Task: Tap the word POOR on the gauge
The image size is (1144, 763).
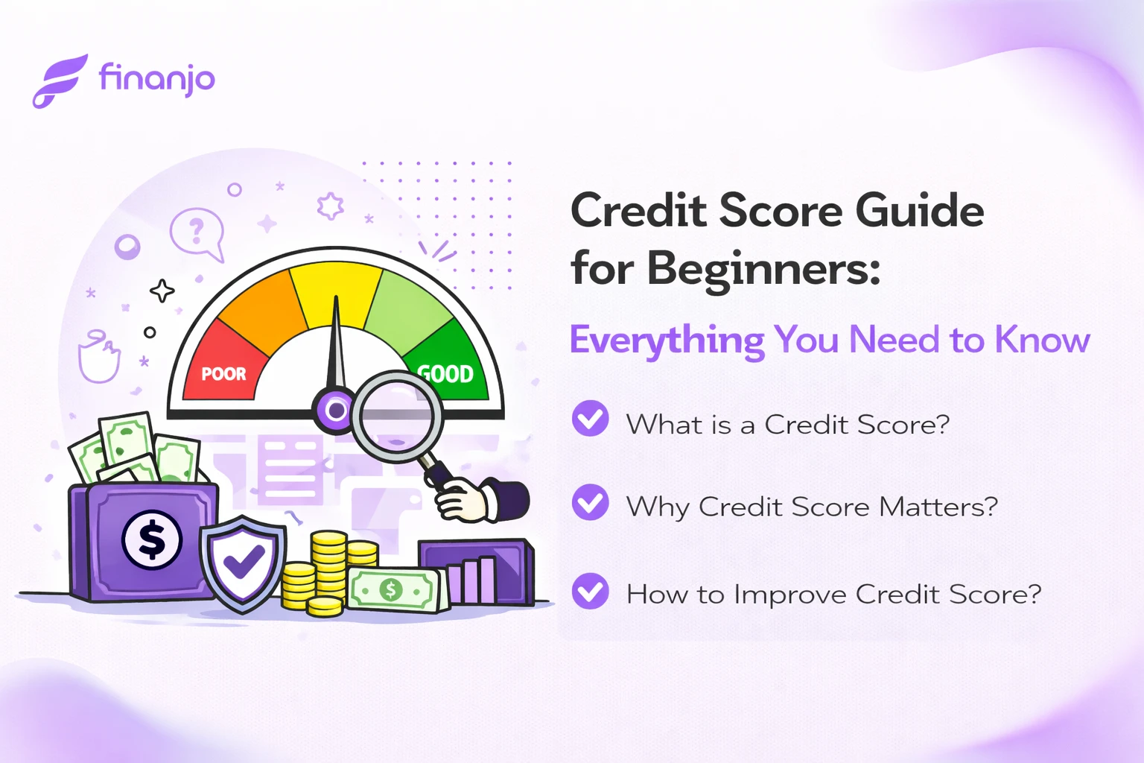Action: click(223, 373)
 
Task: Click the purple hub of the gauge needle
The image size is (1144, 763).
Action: click(335, 410)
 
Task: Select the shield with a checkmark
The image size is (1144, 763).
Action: click(243, 563)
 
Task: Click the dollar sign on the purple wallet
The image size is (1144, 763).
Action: click(152, 539)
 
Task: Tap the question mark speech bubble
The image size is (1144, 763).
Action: click(196, 232)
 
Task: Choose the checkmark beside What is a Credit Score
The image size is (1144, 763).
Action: click(590, 419)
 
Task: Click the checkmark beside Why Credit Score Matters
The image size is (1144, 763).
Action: click(590, 502)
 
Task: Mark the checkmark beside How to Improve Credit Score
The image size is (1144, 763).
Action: click(590, 591)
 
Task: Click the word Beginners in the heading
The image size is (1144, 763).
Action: click(763, 268)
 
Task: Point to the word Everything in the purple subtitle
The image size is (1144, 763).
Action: click(667, 341)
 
